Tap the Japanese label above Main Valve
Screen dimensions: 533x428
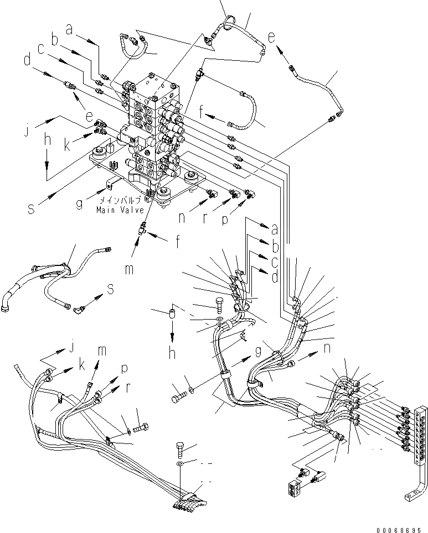pos(118,202)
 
